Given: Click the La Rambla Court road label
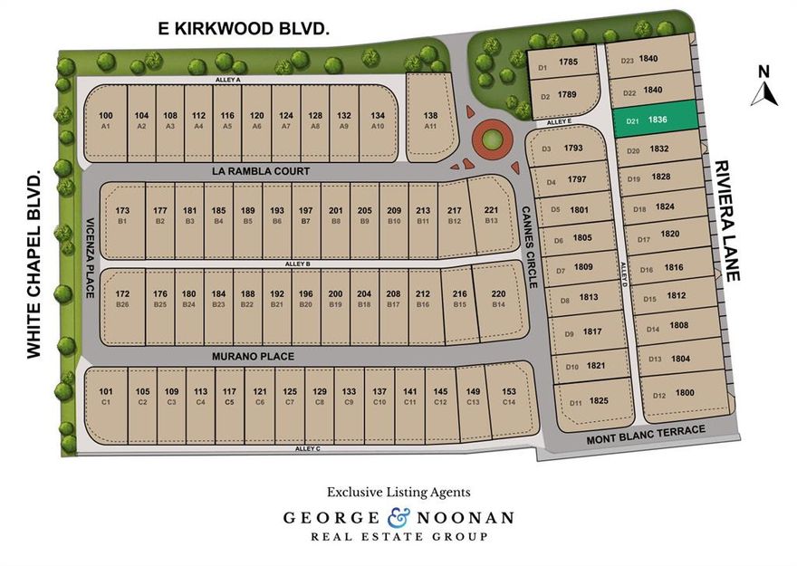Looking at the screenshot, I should coord(262,171).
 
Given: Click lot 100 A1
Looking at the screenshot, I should coord(106,120).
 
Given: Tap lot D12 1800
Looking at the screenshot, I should coord(675,395).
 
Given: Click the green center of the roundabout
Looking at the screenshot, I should coord(490,140).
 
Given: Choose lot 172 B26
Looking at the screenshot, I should coord(123,298).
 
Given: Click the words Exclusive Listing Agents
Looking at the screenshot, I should coord(398,492).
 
